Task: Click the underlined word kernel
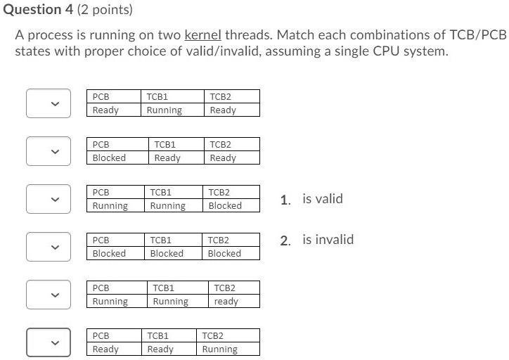coord(203,34)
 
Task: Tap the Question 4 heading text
coord(38,9)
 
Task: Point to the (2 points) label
coord(105,10)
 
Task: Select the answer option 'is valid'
coord(323,199)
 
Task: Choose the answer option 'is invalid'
coord(328,240)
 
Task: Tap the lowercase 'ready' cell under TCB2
coord(226,301)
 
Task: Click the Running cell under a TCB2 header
coord(220,349)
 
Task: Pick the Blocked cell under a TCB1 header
coord(167,253)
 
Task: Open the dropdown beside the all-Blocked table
coord(49,247)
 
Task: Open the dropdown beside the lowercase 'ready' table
coord(49,295)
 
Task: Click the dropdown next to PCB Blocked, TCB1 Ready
coord(49,151)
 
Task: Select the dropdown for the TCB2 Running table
coord(49,342)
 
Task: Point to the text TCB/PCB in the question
coord(478,34)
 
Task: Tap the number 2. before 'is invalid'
coord(285,240)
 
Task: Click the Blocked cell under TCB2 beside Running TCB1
coord(225,205)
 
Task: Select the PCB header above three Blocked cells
coord(101,240)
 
